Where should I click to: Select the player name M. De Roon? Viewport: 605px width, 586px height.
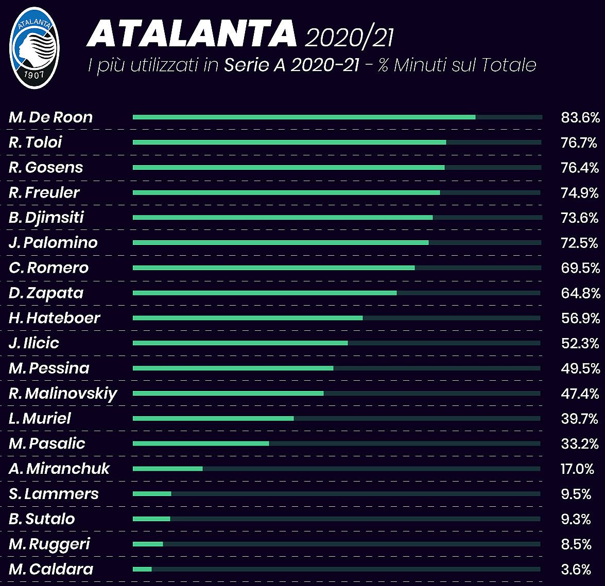pos(50,117)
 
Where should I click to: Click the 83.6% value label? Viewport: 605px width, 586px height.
pos(580,118)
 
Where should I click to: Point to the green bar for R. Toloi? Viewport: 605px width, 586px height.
pos(289,142)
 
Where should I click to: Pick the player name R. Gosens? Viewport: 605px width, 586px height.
pos(46,168)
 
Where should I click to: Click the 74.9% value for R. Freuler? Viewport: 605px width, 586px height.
pos(579,193)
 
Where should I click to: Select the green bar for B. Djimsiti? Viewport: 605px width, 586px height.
pos(283,218)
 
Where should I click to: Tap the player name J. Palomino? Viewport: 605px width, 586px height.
pos(53,243)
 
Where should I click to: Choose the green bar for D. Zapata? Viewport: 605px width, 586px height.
pos(265,293)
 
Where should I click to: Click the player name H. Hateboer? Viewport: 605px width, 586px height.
pos(55,318)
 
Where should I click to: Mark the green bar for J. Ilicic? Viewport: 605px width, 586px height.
pos(240,343)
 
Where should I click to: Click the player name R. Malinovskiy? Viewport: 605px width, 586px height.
pos(63,394)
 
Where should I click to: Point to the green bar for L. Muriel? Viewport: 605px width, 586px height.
pos(213,418)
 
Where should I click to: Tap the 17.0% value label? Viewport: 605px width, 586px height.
pos(577,469)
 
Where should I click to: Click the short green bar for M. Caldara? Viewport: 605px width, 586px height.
pos(142,569)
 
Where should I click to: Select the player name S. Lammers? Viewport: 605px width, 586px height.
pos(54,494)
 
